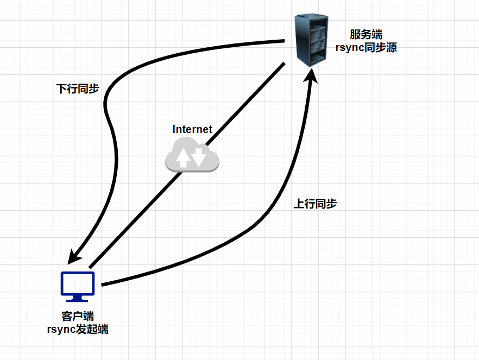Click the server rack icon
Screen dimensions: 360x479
tap(312, 41)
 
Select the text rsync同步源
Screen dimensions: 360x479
tap(366, 48)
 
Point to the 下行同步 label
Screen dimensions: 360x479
tap(78, 89)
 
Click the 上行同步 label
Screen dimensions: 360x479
tap(315, 204)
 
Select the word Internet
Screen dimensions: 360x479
tap(192, 129)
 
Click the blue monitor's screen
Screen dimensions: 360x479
tap(78, 283)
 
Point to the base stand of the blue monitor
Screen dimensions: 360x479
tap(78, 299)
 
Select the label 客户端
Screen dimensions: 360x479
tap(78, 316)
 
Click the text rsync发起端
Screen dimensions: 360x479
tap(78, 329)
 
